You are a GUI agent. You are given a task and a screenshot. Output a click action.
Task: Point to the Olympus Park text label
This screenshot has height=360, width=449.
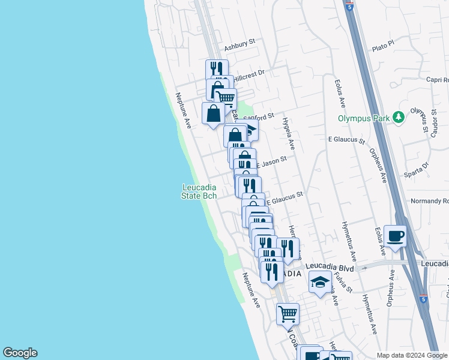[363, 118]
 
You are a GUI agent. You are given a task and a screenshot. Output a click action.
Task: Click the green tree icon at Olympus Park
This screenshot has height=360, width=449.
[398, 117]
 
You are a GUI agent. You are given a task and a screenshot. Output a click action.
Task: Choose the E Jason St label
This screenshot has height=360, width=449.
[273, 161]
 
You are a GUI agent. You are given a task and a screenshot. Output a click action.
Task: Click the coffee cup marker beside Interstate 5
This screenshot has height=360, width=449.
[396, 236]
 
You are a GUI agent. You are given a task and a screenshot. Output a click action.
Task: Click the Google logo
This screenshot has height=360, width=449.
[20, 353]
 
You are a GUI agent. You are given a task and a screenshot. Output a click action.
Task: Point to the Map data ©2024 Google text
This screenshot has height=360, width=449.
[412, 355]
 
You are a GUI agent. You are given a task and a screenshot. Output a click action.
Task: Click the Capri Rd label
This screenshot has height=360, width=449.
[437, 80]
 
